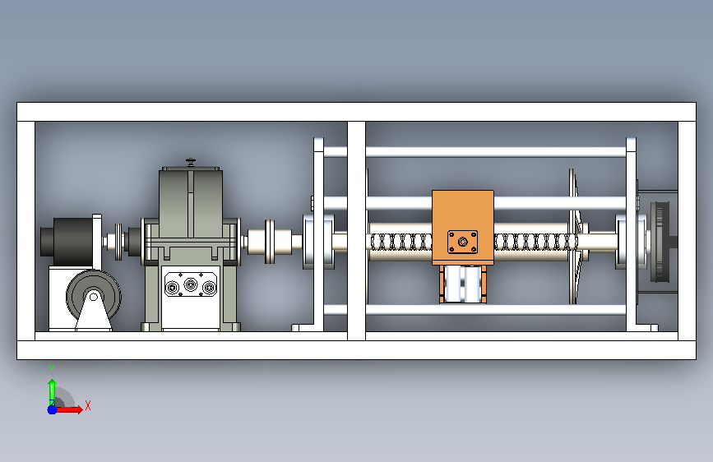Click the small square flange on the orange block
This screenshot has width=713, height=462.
coord(463,243)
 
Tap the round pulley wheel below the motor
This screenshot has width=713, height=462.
coord(92,298)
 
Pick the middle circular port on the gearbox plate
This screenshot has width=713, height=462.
coord(192,286)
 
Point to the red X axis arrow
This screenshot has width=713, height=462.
coord(71,409)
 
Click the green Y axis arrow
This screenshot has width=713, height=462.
coord(52,388)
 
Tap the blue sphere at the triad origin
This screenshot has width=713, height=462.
coord(52,409)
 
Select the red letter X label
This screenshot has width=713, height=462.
coord(87,405)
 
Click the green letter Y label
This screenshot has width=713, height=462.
coord(52,368)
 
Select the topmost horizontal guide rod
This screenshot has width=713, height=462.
coord(493,151)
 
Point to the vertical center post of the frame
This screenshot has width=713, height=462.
coord(356,230)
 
